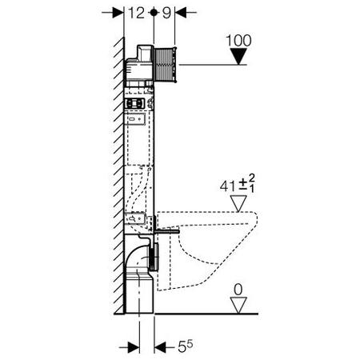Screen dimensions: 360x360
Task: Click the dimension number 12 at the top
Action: coord(136,13)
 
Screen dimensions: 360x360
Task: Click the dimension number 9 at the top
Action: coord(166,13)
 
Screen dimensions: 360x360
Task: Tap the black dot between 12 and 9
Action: coord(154,12)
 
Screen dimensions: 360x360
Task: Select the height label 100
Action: coord(238,41)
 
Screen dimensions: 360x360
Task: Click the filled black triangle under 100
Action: coord(238,56)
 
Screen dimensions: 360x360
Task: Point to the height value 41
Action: coord(228,186)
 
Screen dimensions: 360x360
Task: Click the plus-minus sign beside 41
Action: coord(242,184)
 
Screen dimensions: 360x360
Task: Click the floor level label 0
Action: coord(238,290)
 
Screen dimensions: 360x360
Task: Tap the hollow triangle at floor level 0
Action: coord(238,306)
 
